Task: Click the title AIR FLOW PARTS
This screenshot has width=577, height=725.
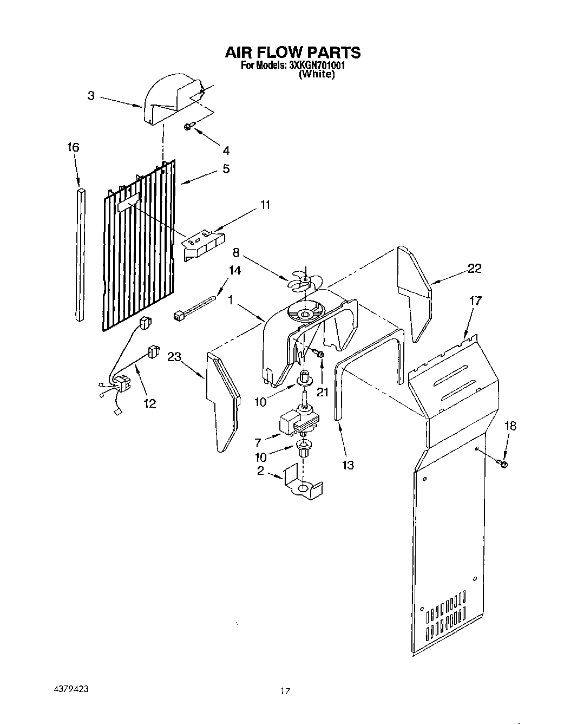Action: click(292, 52)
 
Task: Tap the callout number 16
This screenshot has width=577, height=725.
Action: click(73, 147)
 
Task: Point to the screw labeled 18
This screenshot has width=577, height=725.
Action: click(501, 463)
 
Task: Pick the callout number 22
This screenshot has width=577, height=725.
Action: click(474, 269)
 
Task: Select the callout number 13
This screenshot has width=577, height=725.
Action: click(348, 464)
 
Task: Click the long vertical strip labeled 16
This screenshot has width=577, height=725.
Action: click(81, 254)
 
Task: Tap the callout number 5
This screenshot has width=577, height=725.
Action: click(226, 168)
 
